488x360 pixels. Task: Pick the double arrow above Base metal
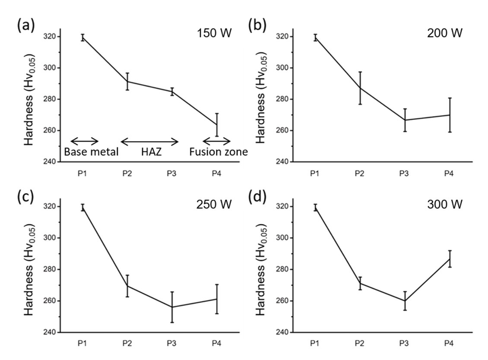tap(85, 141)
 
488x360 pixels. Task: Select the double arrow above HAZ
tap(149, 141)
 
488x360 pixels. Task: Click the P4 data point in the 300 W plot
tap(450, 259)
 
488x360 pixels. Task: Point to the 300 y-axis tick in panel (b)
tap(285, 68)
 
